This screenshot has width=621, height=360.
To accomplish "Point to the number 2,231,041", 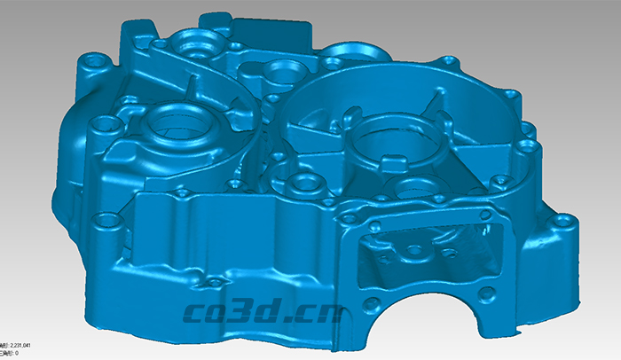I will [x=20, y=344].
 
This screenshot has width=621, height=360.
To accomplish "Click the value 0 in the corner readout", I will [x=16, y=352].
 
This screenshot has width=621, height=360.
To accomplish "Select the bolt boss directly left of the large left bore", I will [x=107, y=125].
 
